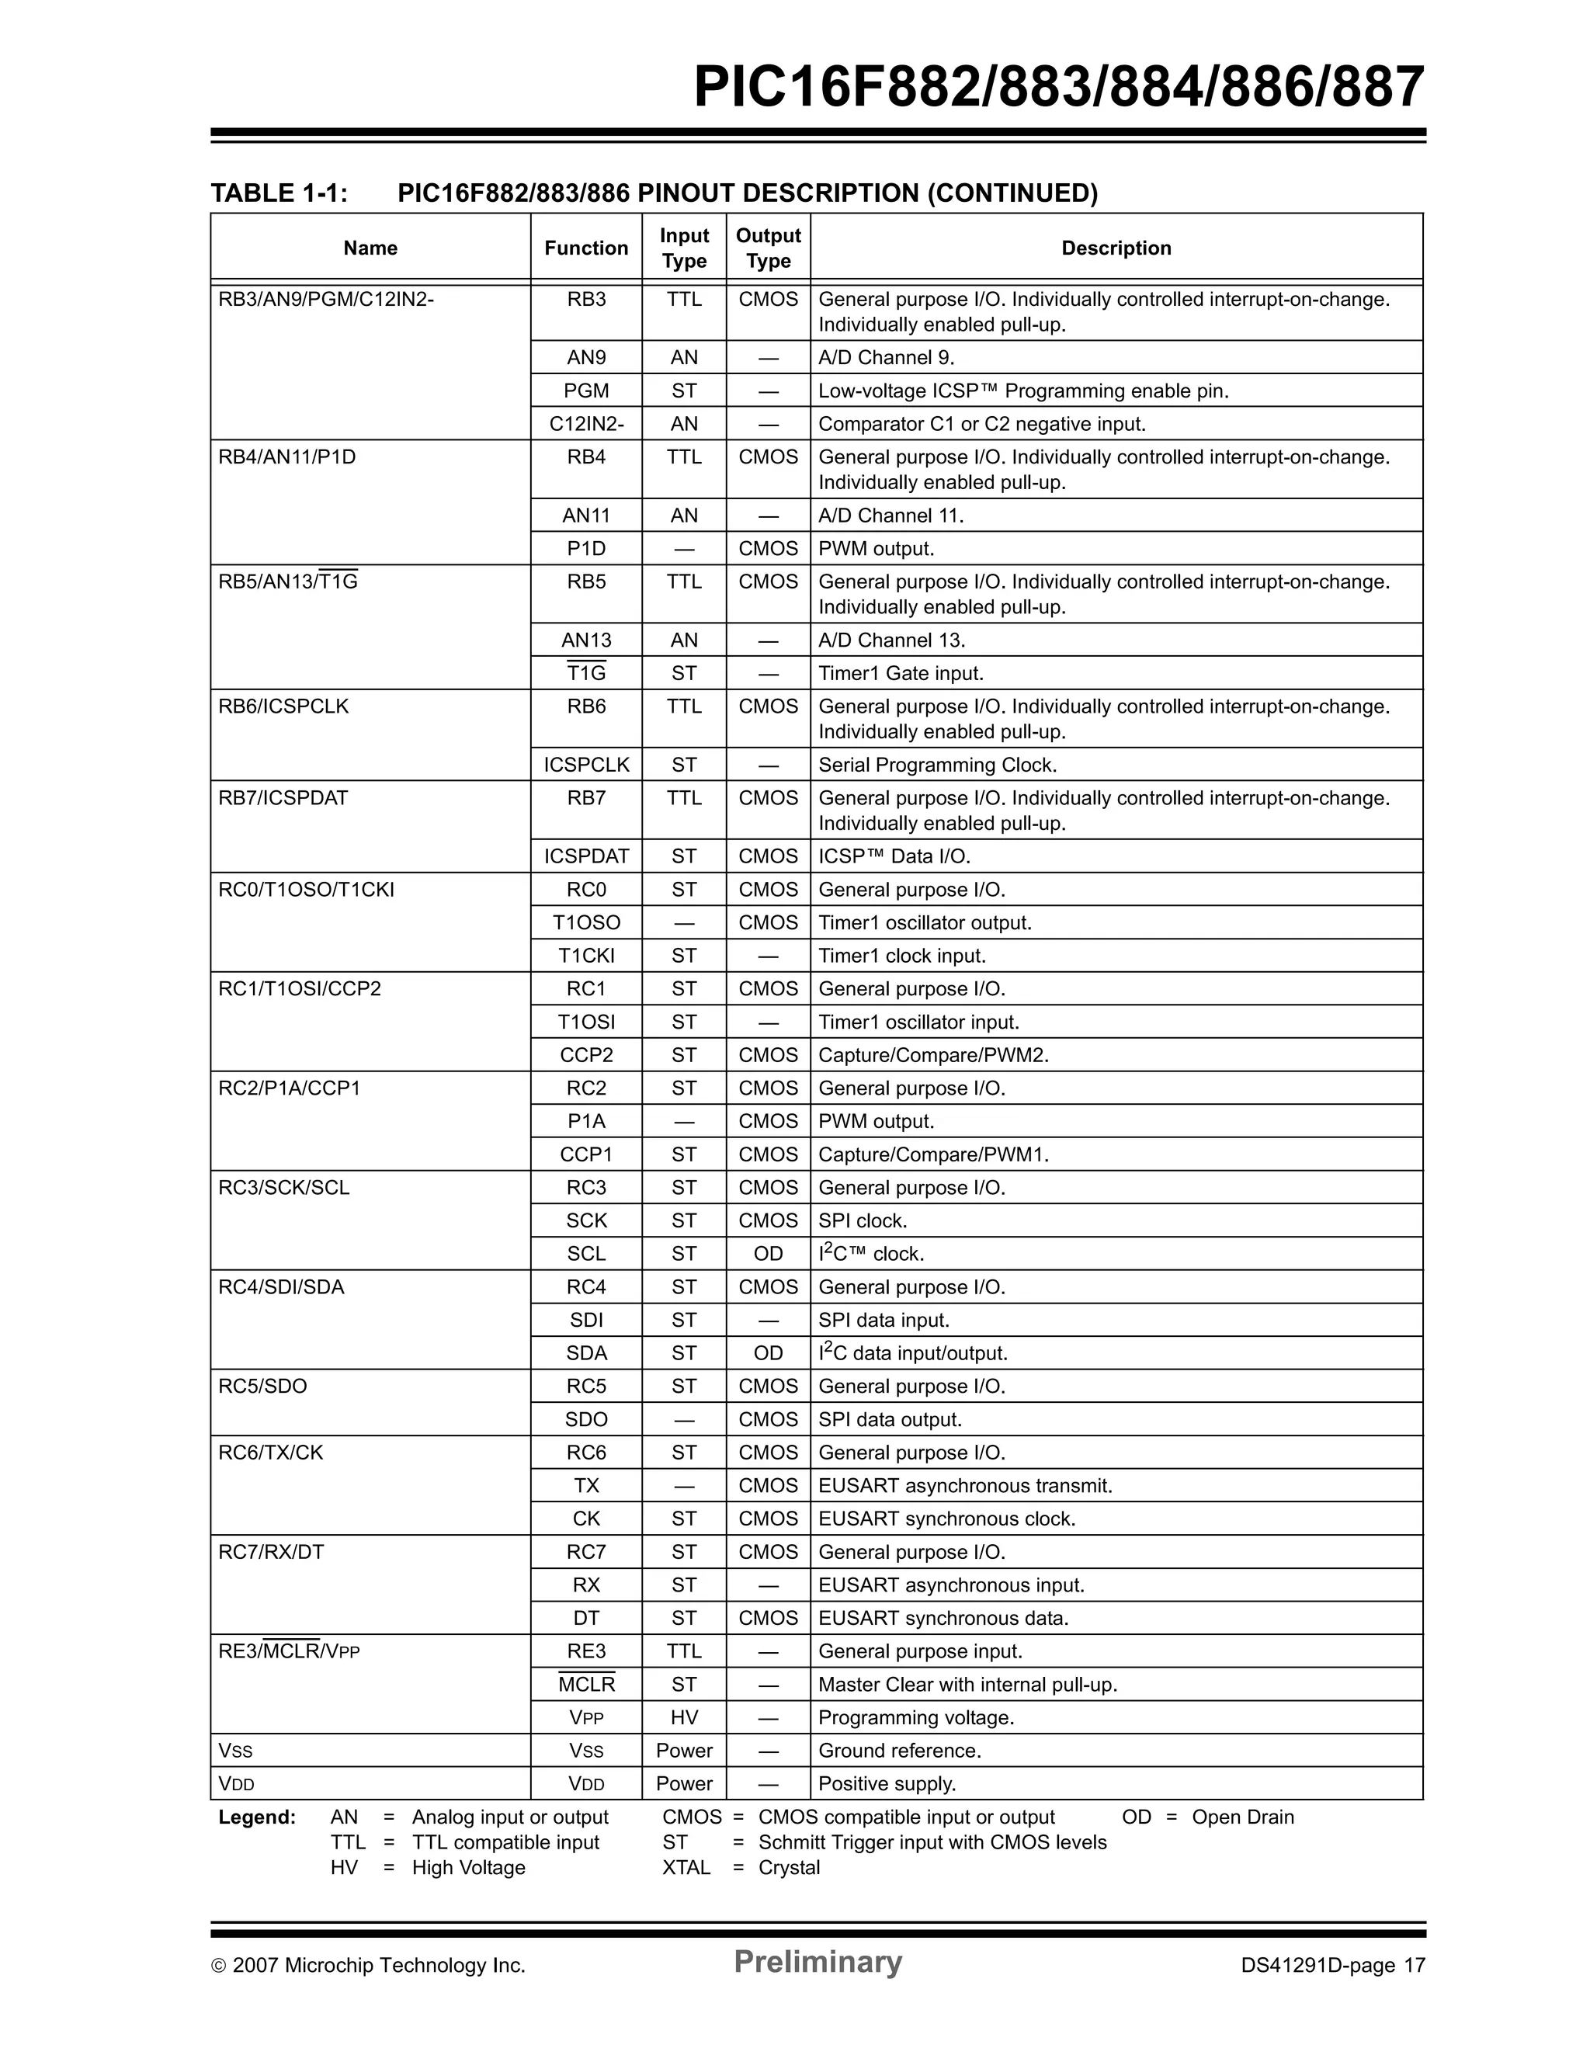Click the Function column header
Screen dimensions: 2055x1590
(x=586, y=248)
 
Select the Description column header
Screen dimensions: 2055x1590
(x=1116, y=248)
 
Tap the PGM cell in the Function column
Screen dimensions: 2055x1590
(x=586, y=391)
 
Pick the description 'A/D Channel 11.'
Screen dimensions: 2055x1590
(x=890, y=515)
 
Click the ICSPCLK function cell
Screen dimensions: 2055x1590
(x=586, y=765)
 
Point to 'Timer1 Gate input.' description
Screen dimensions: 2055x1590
(x=901, y=674)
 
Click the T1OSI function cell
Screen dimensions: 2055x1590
(x=586, y=1022)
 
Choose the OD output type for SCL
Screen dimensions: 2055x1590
(x=768, y=1255)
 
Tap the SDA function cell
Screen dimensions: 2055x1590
(x=586, y=1353)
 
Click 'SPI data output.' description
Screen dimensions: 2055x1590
(x=889, y=1420)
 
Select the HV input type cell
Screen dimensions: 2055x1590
(x=684, y=1718)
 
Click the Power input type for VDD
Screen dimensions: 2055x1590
(x=684, y=1784)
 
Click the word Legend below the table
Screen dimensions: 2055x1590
(x=257, y=1818)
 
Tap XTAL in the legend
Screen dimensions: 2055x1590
(x=686, y=1868)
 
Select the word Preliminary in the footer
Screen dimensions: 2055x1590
(x=818, y=1963)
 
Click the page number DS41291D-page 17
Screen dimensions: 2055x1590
(x=1332, y=1966)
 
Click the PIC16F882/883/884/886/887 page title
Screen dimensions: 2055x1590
(x=1058, y=88)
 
